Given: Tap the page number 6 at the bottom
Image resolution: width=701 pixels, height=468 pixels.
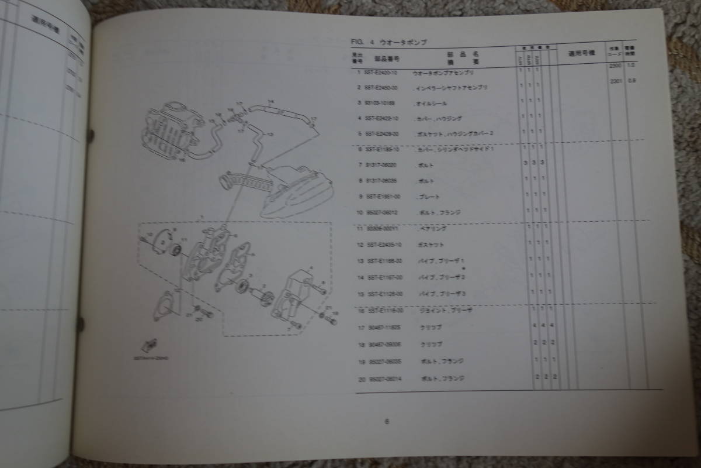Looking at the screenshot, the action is click(386, 421).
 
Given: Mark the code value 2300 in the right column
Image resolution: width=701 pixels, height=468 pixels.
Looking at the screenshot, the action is click(613, 66).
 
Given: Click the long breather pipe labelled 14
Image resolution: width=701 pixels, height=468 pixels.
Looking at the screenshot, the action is click(280, 111).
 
